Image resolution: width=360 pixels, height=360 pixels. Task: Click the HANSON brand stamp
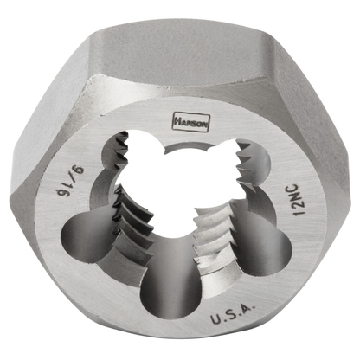(x=190, y=122)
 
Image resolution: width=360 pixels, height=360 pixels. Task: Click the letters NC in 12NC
(x=295, y=193)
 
